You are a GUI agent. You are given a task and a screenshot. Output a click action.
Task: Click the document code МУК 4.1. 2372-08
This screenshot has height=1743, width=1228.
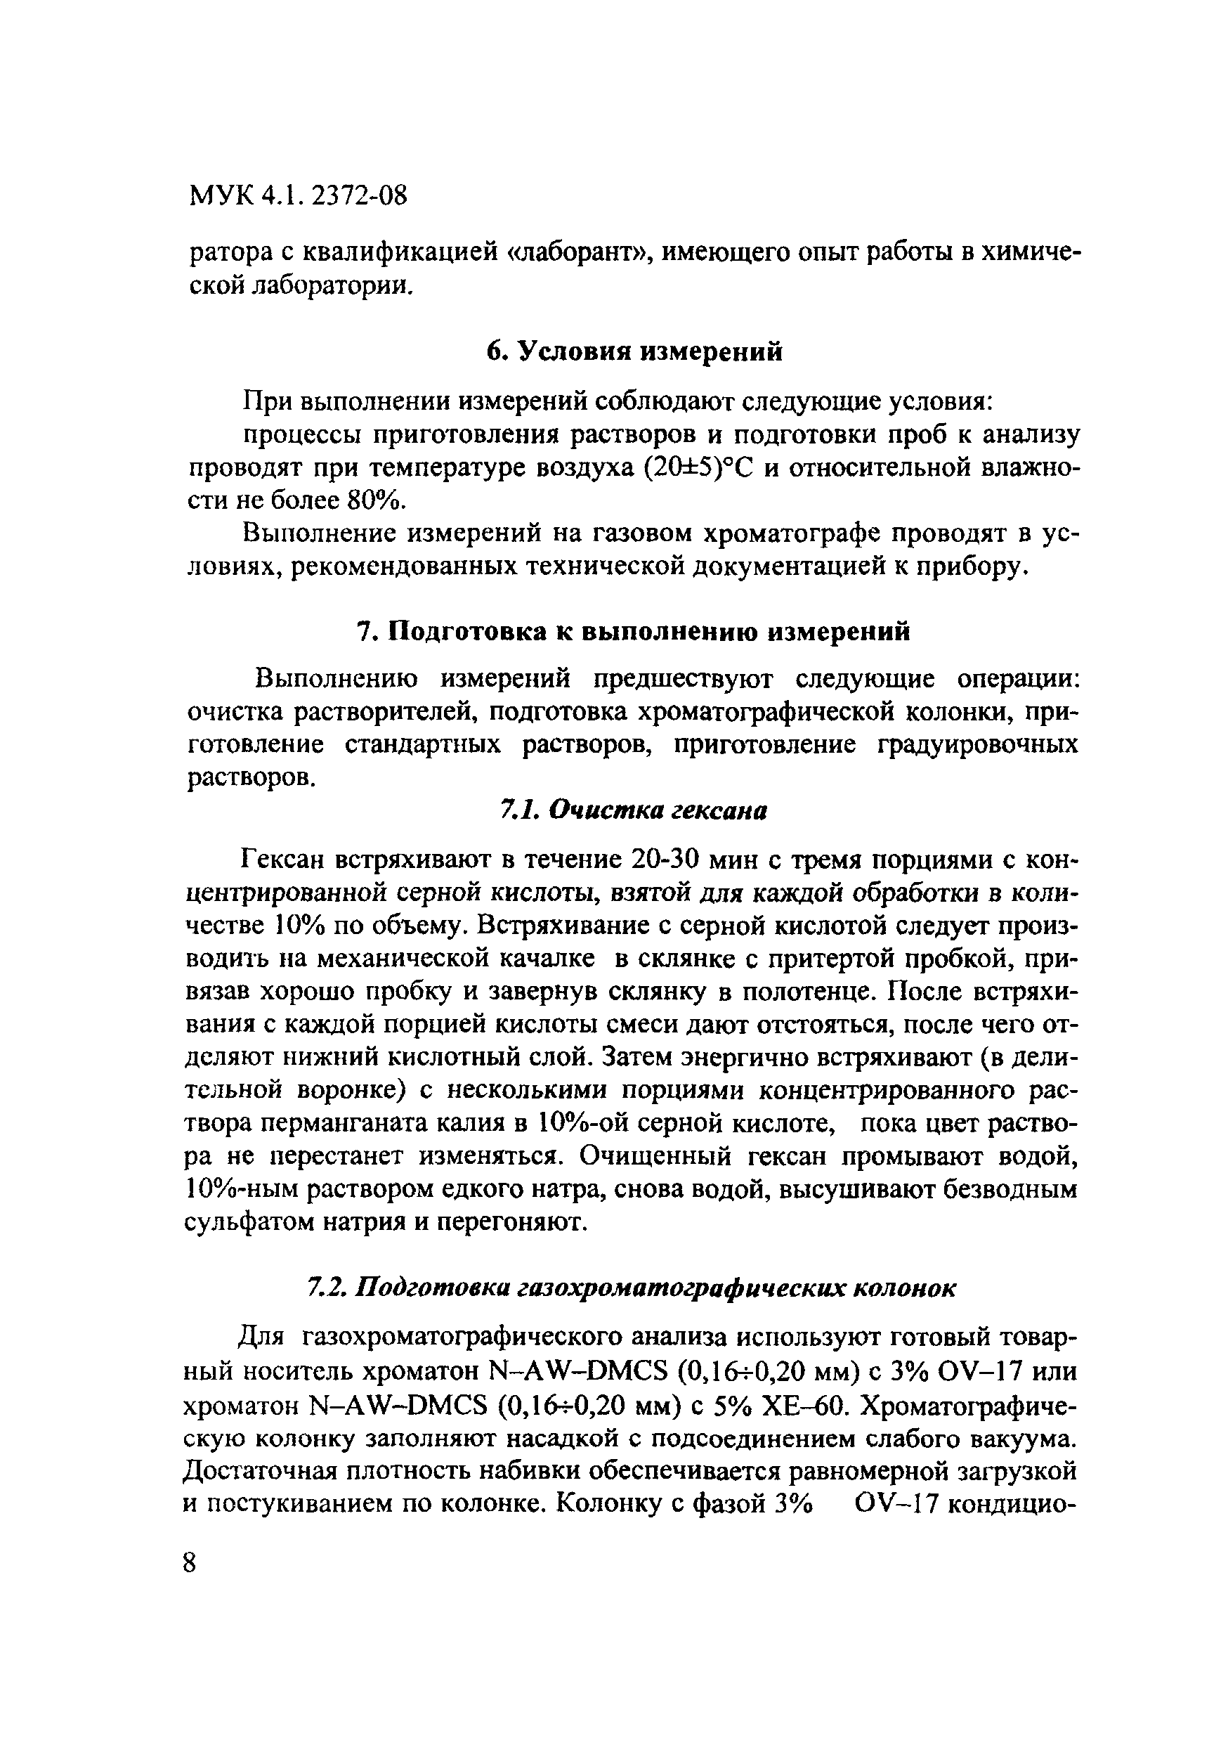(x=297, y=197)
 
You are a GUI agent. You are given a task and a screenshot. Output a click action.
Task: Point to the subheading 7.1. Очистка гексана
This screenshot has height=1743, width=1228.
(x=633, y=811)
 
